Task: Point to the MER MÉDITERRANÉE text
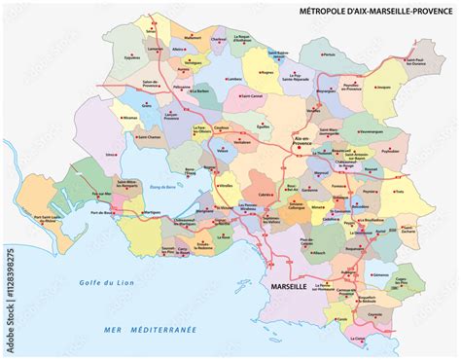pos(151,330)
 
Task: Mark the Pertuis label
pos(331,54)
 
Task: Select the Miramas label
pos(130,116)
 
